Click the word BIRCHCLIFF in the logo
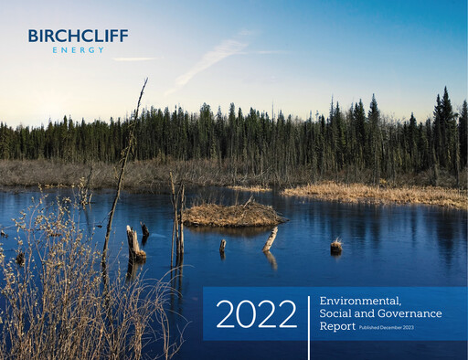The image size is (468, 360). click(78, 36)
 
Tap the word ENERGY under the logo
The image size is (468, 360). click(78, 49)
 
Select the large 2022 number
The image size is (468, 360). click(256, 314)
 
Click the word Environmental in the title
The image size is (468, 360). click(361, 301)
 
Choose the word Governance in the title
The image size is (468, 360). click(408, 313)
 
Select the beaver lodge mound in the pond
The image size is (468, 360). click(232, 214)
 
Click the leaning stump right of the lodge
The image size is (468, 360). click(271, 238)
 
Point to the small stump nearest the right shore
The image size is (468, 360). click(336, 245)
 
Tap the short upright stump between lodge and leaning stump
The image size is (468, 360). click(222, 245)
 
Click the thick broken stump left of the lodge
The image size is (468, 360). click(134, 244)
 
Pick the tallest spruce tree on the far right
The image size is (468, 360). click(446, 128)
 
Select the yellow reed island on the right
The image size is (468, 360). click(375, 193)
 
